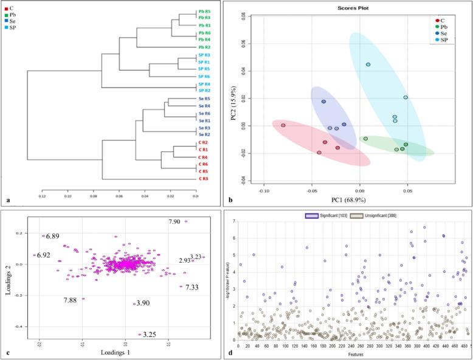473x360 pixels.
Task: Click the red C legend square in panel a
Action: (6, 9)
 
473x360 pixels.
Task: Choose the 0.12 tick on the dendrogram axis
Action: (42, 196)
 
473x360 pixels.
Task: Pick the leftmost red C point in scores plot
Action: (283, 125)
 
